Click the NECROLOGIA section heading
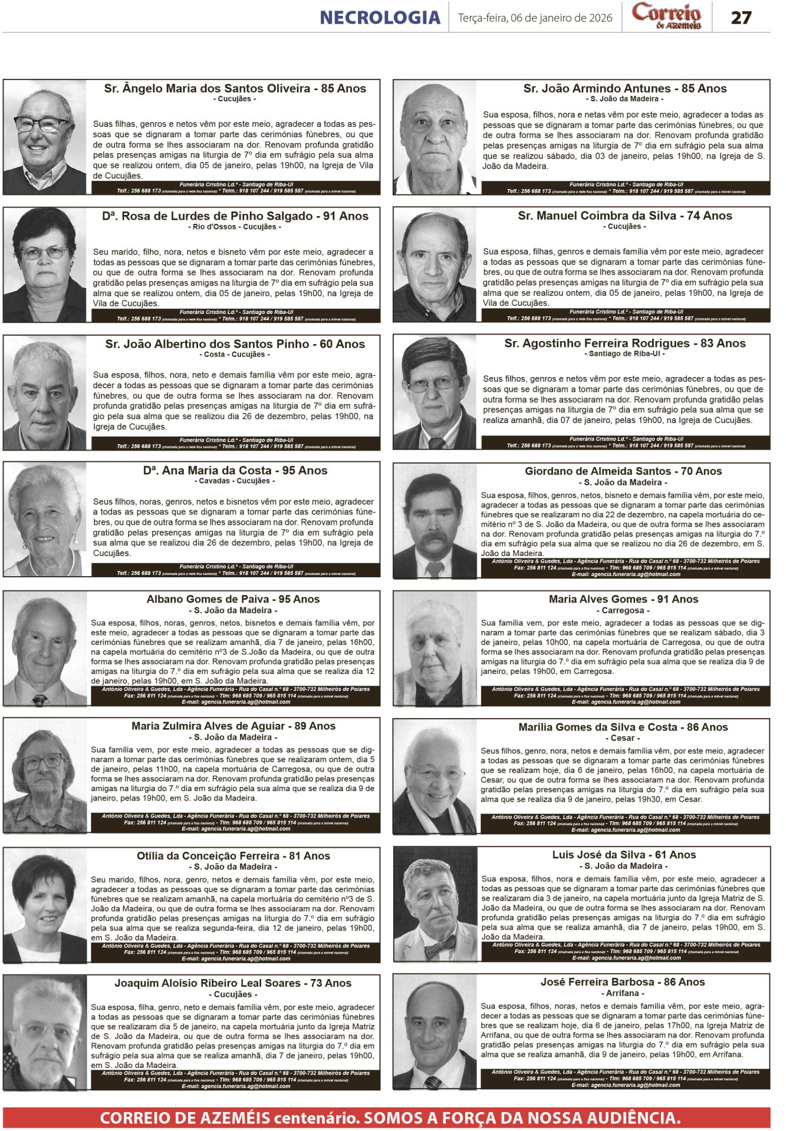coord(380,18)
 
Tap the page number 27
coord(741,18)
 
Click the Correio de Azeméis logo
coord(666,16)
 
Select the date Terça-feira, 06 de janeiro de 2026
coord(535,18)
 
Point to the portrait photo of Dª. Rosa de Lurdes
coord(45,264)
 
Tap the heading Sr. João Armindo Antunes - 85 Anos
coord(624,89)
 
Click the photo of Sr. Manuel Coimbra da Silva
coord(435,264)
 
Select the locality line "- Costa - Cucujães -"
coord(235,355)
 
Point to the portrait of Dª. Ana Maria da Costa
coord(45,520)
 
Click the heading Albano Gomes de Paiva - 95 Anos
coord(233,599)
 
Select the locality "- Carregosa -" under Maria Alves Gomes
coord(623,611)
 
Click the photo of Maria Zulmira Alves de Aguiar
coord(45,775)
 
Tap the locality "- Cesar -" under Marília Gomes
coord(623,738)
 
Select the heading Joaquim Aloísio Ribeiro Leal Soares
coord(233,983)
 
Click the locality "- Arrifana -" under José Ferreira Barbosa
coord(623,993)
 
